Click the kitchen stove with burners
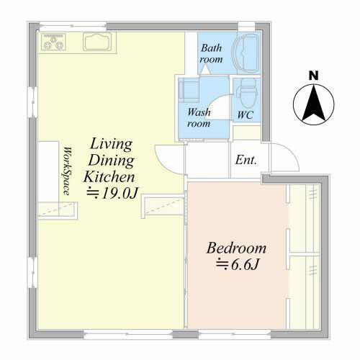pyautogui.click(x=53, y=42)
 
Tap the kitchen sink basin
pyautogui.click(x=97, y=42)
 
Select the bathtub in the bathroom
pyautogui.click(x=246, y=53)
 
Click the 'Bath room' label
pyautogui.click(x=211, y=53)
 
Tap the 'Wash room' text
pyautogui.click(x=199, y=117)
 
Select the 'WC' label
pyautogui.click(x=245, y=115)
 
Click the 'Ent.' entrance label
pyautogui.click(x=246, y=160)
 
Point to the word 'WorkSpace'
pyautogui.click(x=68, y=171)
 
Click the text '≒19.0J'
pyautogui.click(x=113, y=193)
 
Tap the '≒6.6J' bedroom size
pyautogui.click(x=238, y=264)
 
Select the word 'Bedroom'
pyautogui.click(x=236, y=248)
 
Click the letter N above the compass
pyautogui.click(x=313, y=76)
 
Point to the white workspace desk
pyautogui.click(x=48, y=171)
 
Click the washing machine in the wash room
pyautogui.click(x=189, y=91)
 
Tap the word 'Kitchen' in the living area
pyautogui.click(x=109, y=177)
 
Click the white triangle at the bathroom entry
pyautogui.click(x=205, y=71)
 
